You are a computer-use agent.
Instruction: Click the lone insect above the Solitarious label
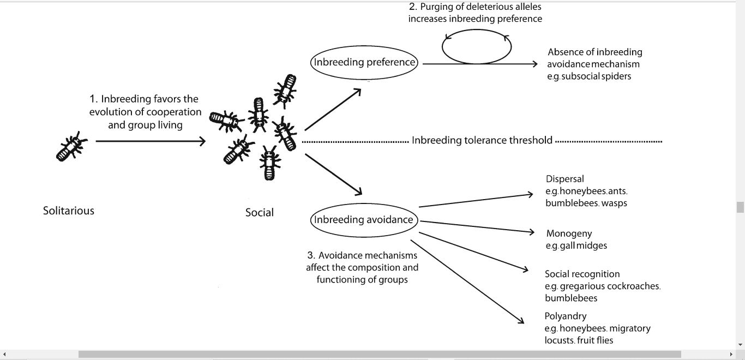tap(72, 146)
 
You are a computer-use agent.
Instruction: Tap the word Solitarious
tap(69, 211)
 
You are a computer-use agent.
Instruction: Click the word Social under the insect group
tap(260, 213)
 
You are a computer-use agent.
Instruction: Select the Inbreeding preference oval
tap(364, 62)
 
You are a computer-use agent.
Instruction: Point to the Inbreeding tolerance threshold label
tap(482, 140)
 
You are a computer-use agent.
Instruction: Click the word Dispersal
tap(565, 179)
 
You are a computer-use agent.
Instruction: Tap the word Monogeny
tap(569, 233)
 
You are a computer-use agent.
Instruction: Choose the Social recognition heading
tap(582, 274)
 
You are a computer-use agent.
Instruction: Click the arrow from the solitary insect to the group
tap(150, 141)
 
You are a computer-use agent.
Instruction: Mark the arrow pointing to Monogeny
tap(477, 227)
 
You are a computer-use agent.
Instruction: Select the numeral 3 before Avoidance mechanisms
tap(310, 255)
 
